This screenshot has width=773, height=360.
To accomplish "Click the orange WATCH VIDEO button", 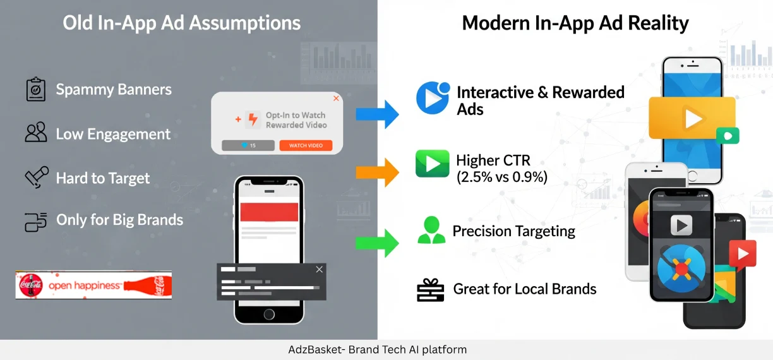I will tap(306, 145).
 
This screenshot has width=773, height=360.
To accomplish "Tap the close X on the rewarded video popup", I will tap(336, 99).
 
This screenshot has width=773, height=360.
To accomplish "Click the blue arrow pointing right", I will tap(377, 114).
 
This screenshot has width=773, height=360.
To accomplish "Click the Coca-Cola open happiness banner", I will tap(93, 285).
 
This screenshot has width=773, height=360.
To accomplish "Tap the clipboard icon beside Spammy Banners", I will tap(35, 90).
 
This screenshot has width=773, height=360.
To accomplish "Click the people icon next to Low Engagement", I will tap(36, 133).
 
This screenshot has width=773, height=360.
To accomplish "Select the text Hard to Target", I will tap(102, 178).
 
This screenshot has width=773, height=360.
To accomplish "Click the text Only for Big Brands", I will tap(119, 220).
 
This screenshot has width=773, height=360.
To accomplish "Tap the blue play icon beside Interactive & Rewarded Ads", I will tap(433, 99).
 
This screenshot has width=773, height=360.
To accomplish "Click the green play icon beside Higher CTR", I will tap(432, 164).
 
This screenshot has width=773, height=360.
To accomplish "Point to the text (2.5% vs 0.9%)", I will tap(501, 177).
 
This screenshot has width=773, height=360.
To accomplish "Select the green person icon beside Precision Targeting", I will tap(431, 231).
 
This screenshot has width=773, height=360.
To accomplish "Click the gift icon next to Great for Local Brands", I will tap(431, 289).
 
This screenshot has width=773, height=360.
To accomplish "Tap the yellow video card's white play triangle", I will tap(693, 119).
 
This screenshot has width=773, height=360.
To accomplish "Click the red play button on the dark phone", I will tap(742, 254).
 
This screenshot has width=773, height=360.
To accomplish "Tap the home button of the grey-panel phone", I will tap(269, 314).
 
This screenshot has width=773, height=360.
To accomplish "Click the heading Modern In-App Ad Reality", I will tap(575, 24).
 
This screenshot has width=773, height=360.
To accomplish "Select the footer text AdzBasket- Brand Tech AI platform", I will tap(377, 349).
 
